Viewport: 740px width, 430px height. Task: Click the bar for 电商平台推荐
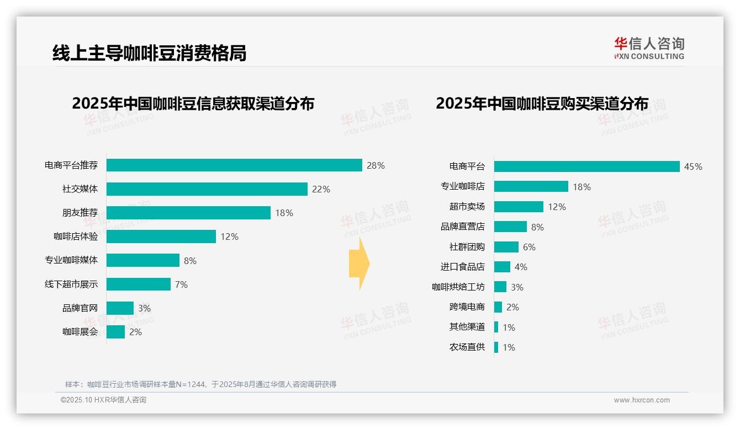coord(234,165)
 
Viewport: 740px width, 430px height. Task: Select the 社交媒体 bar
coord(207,189)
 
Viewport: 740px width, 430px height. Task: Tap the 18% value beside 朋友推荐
coord(284,213)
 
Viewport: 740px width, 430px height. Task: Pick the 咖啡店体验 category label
coord(76,237)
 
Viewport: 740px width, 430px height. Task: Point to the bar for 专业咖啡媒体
coord(142,260)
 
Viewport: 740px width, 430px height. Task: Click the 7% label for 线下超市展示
coord(181,284)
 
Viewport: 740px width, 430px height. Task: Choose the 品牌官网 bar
coord(120,308)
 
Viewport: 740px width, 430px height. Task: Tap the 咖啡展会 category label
coord(80,332)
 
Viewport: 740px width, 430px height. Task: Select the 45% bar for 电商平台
coord(586,166)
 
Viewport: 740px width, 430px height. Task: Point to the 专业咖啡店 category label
coord(462,186)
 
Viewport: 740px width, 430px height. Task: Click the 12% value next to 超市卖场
coord(557,207)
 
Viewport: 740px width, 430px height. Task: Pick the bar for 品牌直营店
coord(510,227)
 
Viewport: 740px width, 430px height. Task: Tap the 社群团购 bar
coord(506,247)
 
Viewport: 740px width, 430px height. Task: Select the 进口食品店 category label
coord(462,267)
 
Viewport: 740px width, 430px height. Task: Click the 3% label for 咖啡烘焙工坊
coord(517,287)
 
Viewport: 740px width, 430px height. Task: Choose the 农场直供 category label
coord(467,347)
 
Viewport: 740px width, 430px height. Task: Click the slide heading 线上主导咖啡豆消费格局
coord(149,53)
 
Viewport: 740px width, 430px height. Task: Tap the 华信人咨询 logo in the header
coord(649,48)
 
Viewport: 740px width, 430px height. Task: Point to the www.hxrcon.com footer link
coord(642,400)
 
